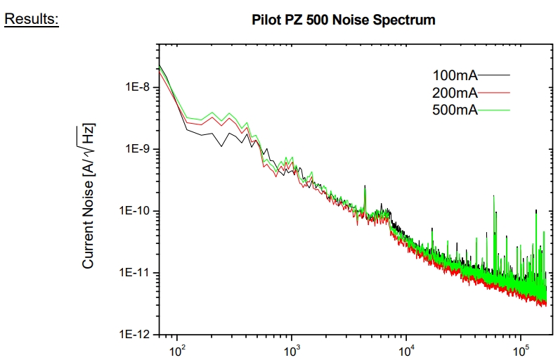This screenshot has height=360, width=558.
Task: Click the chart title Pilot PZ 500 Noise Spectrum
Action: pos(343,20)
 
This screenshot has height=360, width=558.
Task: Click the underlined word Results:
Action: pos(32,19)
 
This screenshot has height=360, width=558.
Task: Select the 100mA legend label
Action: pos(455,75)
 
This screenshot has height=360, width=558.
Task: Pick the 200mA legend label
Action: pos(455,92)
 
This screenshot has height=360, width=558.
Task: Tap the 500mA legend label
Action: pos(455,110)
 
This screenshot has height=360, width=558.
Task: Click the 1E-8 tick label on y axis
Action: pos(135,88)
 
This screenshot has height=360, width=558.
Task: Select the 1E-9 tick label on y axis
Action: pos(135,150)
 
